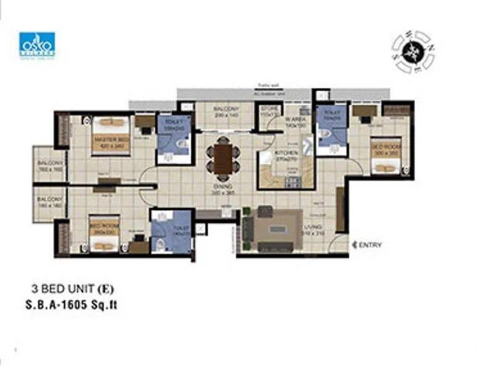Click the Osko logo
click(37, 44)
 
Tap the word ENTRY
click(369, 245)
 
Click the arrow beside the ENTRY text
click(353, 245)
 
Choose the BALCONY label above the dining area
click(226, 112)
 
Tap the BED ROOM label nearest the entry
click(387, 148)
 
